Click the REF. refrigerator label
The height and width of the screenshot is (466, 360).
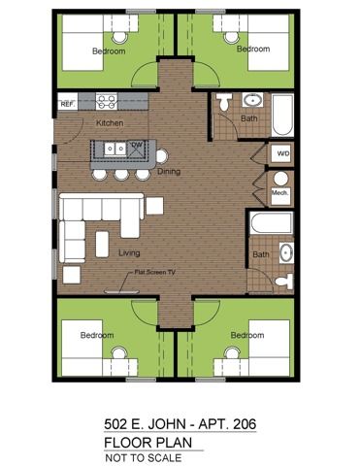tap(68, 104)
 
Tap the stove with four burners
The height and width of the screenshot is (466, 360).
tap(107, 101)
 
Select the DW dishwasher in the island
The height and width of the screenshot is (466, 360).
tap(137, 149)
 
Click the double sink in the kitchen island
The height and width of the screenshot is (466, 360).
tap(115, 149)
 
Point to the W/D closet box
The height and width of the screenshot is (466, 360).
tap(283, 153)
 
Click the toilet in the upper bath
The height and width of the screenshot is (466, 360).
tap(224, 101)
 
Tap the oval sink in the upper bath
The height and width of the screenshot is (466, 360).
tap(253, 100)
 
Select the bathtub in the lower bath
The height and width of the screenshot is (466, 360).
tap(272, 223)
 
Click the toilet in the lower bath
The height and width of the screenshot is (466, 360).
tap(284, 281)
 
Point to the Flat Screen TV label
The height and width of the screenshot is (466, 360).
tap(155, 272)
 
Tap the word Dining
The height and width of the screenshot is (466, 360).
tap(169, 171)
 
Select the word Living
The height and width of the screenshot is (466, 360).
tap(129, 252)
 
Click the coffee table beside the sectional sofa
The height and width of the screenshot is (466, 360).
tap(102, 244)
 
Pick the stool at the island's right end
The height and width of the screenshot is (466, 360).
tap(162, 156)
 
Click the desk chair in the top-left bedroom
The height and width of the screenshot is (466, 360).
tap(119, 37)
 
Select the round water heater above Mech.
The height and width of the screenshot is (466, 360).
tap(280, 179)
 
